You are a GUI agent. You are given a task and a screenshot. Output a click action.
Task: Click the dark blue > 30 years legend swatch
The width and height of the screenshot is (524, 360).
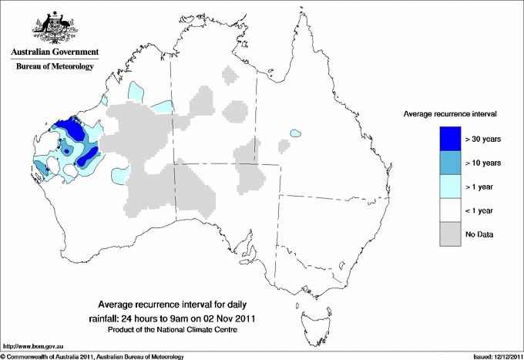tap(451, 138)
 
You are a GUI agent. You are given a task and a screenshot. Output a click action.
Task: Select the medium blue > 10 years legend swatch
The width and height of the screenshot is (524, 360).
tap(451, 162)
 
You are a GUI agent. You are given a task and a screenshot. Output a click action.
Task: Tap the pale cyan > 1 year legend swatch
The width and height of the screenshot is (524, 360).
tap(451, 186)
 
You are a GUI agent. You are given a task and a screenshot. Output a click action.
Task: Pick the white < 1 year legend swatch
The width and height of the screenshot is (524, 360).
tap(451, 210)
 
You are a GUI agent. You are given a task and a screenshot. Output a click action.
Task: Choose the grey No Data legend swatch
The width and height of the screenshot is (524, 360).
tap(451, 234)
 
